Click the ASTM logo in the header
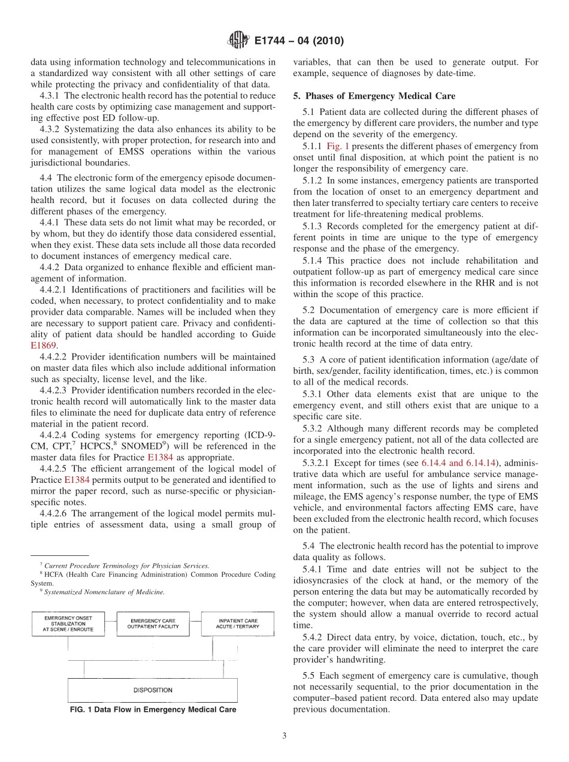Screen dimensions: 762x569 point(237,41)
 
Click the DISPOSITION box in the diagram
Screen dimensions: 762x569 point(153,690)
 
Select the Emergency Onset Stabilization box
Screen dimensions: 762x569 point(68,624)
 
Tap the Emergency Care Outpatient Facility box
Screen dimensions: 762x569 point(153,624)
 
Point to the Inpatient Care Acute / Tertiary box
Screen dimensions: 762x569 point(237,624)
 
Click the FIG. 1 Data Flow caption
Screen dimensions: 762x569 point(153,709)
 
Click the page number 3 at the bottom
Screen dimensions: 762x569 point(284,736)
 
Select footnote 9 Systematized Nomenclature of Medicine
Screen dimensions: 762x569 point(102,592)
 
